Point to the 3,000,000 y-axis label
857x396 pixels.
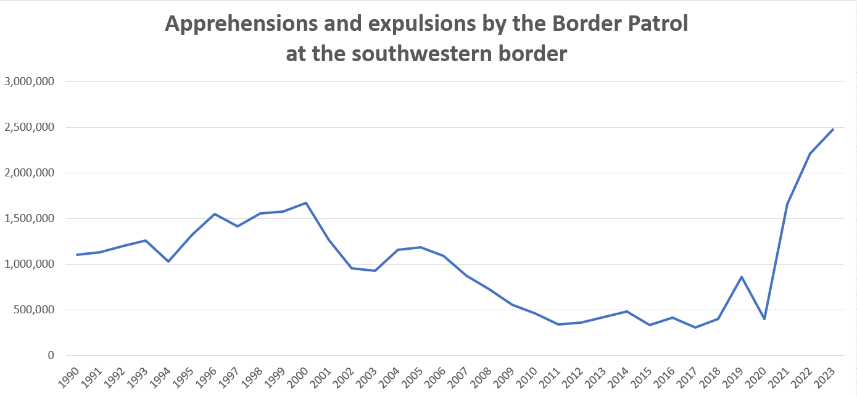tap(30, 81)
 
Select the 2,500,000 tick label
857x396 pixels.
tap(30, 127)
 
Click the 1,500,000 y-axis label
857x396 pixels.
tap(30, 218)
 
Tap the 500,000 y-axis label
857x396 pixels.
tap(34, 310)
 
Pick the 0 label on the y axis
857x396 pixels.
tap(51, 355)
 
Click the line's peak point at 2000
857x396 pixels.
tap(306, 203)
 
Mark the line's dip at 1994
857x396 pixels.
tap(168, 262)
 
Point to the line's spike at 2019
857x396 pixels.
tap(742, 277)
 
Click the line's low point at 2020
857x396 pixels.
tap(764, 319)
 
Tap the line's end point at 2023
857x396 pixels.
tap(833, 130)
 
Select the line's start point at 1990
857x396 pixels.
tap(77, 255)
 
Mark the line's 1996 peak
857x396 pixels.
tap(215, 214)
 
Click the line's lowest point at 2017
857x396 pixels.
tap(695, 328)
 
